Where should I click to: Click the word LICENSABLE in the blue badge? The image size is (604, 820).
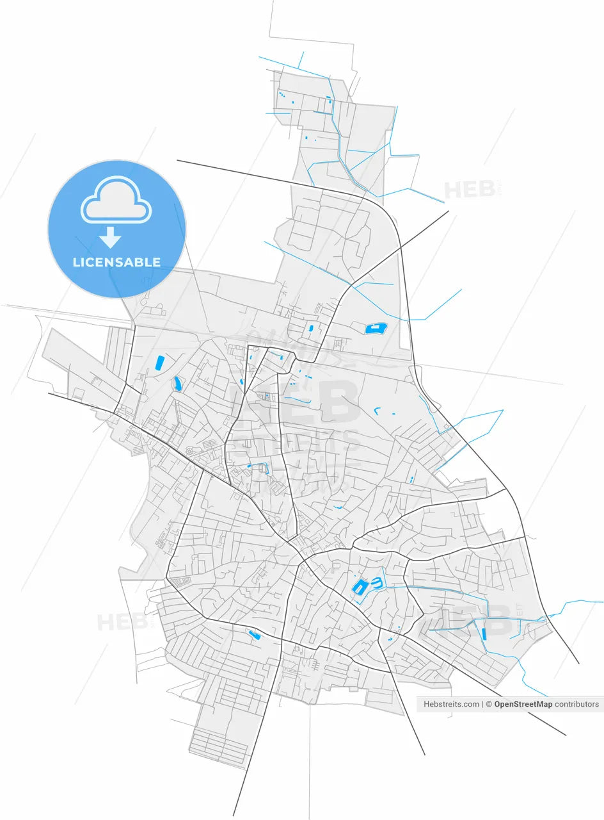(116, 262)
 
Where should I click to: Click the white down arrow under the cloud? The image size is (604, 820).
(110, 237)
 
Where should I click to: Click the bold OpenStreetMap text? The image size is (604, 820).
(523, 704)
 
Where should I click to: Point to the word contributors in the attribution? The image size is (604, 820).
(576, 704)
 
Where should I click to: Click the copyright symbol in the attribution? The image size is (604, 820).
(489, 704)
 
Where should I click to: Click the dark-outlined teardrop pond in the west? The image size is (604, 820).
(177, 384)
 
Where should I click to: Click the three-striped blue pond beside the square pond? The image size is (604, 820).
(376, 583)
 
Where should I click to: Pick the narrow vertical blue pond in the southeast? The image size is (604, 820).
(484, 634)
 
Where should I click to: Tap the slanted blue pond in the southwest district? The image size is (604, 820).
(254, 634)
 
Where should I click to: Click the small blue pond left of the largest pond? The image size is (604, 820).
(311, 328)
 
